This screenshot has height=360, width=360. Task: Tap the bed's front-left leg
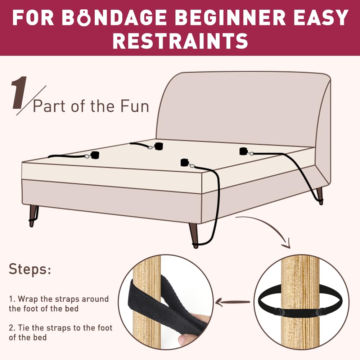34,215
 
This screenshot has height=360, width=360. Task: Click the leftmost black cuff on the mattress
95,155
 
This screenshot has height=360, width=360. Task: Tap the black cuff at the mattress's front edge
185,163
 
